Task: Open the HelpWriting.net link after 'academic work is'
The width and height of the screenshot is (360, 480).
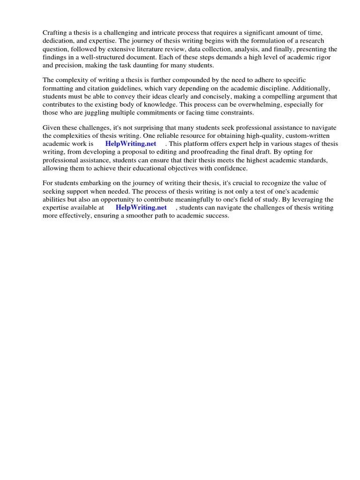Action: (x=131, y=144)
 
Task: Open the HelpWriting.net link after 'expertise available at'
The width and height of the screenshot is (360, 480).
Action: (x=141, y=208)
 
